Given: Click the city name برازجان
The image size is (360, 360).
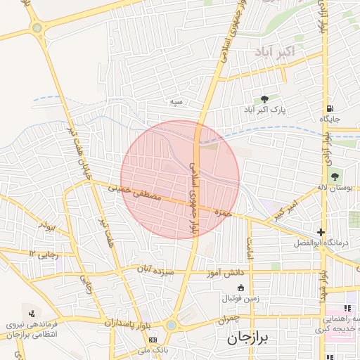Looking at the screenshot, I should click(252, 338).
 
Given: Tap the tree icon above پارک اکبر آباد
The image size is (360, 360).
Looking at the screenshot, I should click(265, 99).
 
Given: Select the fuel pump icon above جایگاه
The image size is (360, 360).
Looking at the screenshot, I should click(329, 108).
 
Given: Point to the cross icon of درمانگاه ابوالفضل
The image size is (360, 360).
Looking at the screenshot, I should click(321, 232).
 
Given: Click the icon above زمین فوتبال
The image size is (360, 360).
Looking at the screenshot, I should click(240, 287).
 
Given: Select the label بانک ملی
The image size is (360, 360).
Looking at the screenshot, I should click(152, 349).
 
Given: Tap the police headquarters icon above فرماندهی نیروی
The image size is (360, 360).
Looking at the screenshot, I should click(31, 313).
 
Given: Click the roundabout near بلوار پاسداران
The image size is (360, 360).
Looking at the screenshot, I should click(172, 326).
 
